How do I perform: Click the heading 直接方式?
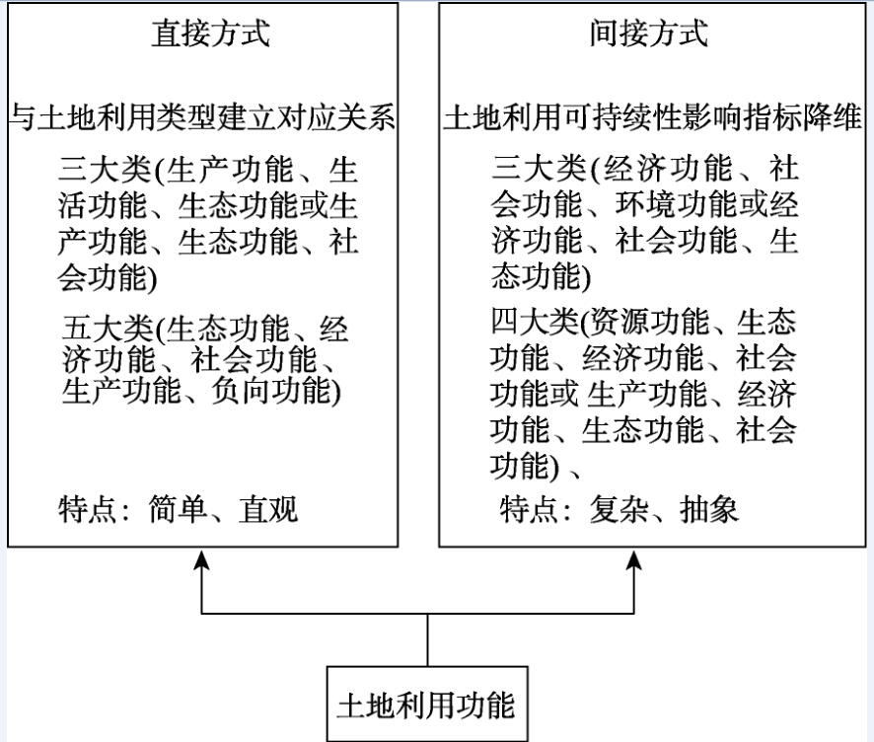click(x=211, y=34)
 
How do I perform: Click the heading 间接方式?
click(x=649, y=34)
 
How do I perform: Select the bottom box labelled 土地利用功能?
click(x=427, y=704)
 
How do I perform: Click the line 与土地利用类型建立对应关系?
click(x=203, y=117)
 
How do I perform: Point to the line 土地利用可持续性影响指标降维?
click(x=653, y=117)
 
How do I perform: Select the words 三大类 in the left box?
click(x=105, y=170)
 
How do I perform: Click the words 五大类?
click(x=108, y=329)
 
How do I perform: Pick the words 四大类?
click(x=535, y=321)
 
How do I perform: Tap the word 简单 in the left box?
click(x=178, y=509)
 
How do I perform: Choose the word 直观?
click(x=268, y=509)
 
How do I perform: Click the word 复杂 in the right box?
click(x=619, y=509)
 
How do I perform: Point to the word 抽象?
click(x=709, y=509)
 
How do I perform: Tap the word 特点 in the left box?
click(x=87, y=509)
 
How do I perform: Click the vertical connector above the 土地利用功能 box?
click(x=427, y=640)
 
